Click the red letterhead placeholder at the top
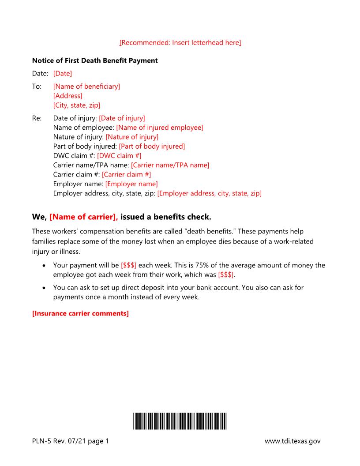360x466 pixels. click(180, 42)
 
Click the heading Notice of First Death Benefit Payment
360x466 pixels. click(95, 60)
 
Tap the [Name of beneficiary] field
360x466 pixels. click(86, 86)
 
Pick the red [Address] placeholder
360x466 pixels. click(67, 96)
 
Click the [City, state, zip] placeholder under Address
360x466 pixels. click(76, 105)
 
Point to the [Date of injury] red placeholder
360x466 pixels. click(122, 118)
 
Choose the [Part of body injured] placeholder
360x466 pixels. click(152, 146)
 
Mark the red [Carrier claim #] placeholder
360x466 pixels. click(126, 174)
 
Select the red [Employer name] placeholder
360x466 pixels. click(131, 184)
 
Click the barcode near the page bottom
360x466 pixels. click(180, 421)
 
